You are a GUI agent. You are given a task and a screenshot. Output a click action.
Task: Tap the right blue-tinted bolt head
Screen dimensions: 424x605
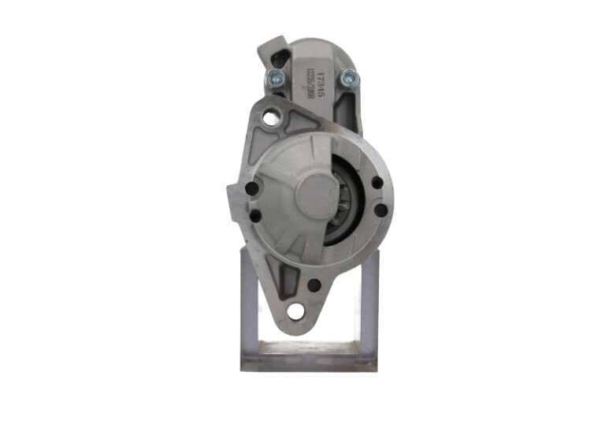tap(347, 77)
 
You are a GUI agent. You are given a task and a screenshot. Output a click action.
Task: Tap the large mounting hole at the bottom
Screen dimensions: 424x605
tap(296, 311)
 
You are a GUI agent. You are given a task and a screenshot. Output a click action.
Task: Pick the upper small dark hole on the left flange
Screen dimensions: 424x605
tap(251, 189)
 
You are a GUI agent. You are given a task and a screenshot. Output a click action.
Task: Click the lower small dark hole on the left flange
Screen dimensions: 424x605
tap(254, 214)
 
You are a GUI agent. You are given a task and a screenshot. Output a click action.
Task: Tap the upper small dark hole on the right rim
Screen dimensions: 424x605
tap(377, 183)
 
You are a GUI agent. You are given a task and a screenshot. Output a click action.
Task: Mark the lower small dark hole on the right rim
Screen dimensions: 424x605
tap(380, 210)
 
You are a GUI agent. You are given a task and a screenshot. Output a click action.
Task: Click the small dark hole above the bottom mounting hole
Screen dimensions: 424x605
tap(314, 285)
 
